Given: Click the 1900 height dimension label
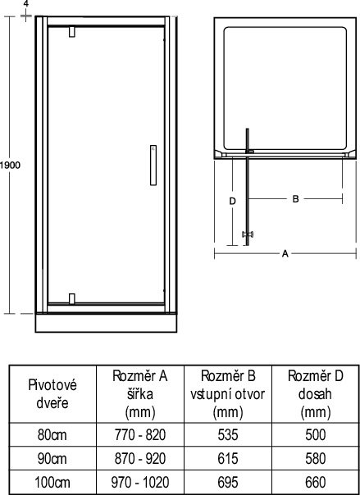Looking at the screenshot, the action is click(10, 165).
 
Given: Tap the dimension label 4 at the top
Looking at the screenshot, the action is click(26, 4).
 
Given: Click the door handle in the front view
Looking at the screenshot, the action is click(153, 165).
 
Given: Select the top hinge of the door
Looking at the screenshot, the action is click(72, 32).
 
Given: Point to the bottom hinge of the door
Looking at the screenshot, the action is click(72, 298).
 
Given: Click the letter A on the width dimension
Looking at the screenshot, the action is click(285, 253).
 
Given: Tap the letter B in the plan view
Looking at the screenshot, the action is click(295, 199).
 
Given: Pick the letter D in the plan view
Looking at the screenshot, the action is click(232, 202).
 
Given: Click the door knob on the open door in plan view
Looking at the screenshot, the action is click(248, 234).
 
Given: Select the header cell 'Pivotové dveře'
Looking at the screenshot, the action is click(52, 394).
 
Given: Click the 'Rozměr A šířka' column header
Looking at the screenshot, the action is click(140, 394).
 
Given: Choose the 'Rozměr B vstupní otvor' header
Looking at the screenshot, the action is click(228, 394).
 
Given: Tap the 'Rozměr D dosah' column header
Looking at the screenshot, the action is click(316, 394).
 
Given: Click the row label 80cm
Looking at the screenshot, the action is click(52, 434).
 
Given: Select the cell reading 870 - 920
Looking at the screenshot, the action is click(140, 459).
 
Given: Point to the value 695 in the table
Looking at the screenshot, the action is click(228, 483).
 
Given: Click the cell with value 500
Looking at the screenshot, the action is click(316, 434).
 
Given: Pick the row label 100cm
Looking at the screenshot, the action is click(52, 483).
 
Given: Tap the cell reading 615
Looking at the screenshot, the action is click(228, 459).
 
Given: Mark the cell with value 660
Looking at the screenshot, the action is click(316, 483).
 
